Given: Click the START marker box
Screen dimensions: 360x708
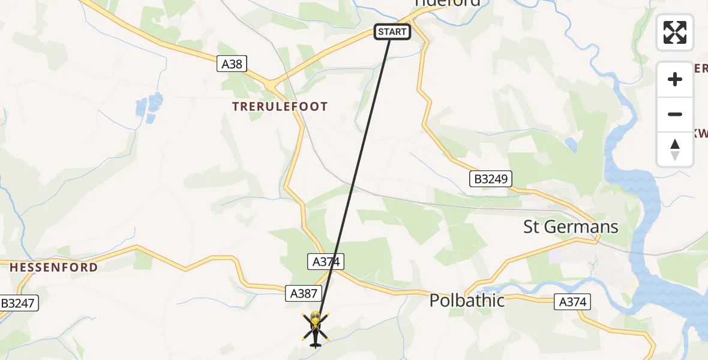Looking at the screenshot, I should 392,32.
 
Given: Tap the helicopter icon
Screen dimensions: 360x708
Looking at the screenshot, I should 315,329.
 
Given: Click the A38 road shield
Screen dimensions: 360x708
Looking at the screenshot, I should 232,64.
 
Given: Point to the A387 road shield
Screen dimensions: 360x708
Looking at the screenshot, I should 304,293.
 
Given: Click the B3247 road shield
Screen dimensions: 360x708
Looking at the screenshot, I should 19,304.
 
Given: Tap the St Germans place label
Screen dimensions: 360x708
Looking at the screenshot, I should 571,227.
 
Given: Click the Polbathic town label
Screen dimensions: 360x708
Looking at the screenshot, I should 467,301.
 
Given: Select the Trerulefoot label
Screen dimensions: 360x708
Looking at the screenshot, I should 280,107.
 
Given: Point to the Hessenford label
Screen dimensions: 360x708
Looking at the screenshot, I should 53,268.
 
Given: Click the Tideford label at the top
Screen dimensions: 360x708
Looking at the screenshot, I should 447,3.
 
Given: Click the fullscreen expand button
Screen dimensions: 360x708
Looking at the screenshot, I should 675,32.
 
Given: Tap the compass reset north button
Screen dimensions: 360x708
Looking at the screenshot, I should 675,149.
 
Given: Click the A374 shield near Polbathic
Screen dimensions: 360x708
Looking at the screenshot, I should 572,302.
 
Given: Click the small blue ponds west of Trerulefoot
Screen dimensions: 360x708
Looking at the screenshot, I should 149,106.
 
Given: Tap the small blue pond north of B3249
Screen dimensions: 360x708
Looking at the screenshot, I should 571,144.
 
